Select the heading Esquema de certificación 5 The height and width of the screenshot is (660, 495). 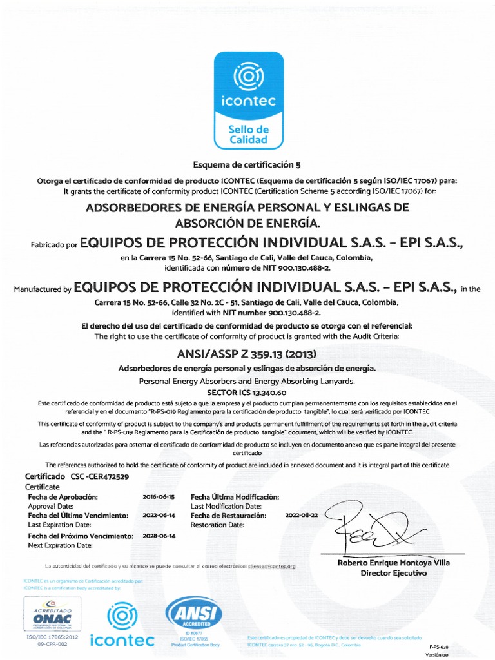[x=247, y=165]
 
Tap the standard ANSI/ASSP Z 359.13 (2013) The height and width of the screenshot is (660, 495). [x=247, y=354]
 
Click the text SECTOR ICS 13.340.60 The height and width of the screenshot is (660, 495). [x=247, y=391]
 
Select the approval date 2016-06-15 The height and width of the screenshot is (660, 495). [x=158, y=497]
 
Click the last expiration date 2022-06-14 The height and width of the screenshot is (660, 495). [x=158, y=516]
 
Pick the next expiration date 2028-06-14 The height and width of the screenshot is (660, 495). [x=158, y=536]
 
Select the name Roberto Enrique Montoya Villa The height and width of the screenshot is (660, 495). [x=394, y=563]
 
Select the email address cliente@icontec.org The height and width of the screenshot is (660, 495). [x=271, y=566]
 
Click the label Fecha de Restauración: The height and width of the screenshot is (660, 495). [x=228, y=516]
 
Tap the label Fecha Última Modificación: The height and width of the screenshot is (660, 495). [x=235, y=497]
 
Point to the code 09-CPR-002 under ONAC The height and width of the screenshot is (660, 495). [x=52, y=643]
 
